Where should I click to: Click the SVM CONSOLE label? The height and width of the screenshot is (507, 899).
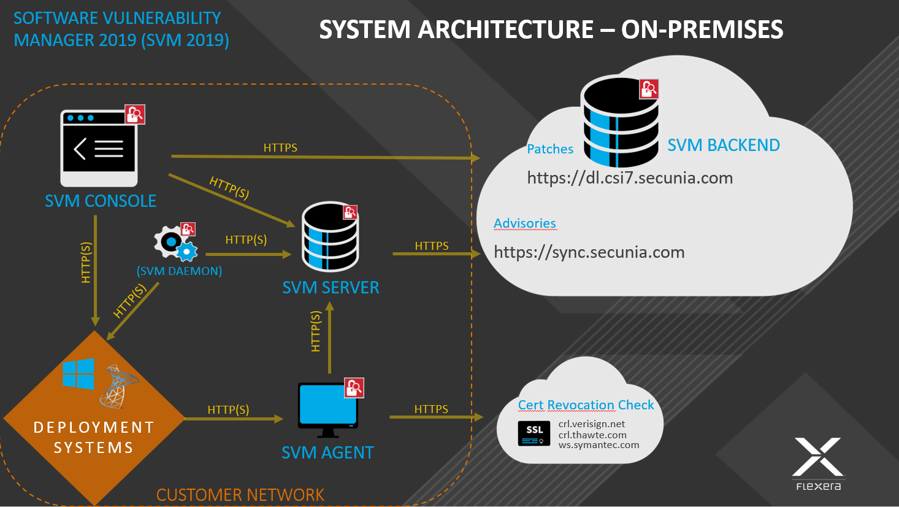101,201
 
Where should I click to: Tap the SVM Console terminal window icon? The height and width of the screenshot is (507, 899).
99,148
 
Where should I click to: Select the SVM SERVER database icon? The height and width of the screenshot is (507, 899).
330,237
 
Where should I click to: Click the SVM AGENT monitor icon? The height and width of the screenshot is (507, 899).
327,406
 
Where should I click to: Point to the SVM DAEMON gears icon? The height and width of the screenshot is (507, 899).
176,243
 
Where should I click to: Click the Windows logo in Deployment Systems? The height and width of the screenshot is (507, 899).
78,373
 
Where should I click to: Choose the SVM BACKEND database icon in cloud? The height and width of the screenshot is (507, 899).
620,122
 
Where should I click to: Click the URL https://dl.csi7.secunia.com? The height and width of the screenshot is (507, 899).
630,178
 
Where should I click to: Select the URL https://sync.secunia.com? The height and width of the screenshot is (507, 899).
589,252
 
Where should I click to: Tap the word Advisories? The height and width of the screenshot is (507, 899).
525,223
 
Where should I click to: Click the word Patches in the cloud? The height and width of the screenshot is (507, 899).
550,149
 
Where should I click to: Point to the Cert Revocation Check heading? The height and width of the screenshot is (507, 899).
586,405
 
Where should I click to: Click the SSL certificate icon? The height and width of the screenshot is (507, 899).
534,433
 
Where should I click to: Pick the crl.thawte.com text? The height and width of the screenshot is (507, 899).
592,435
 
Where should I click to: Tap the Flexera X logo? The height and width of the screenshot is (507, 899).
819,457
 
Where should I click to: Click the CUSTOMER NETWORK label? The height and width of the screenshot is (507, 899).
240,495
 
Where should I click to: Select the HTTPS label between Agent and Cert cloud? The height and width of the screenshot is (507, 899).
431,409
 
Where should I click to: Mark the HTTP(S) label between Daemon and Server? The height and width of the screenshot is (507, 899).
246,240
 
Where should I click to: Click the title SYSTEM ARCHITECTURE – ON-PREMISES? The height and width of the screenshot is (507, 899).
551,29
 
